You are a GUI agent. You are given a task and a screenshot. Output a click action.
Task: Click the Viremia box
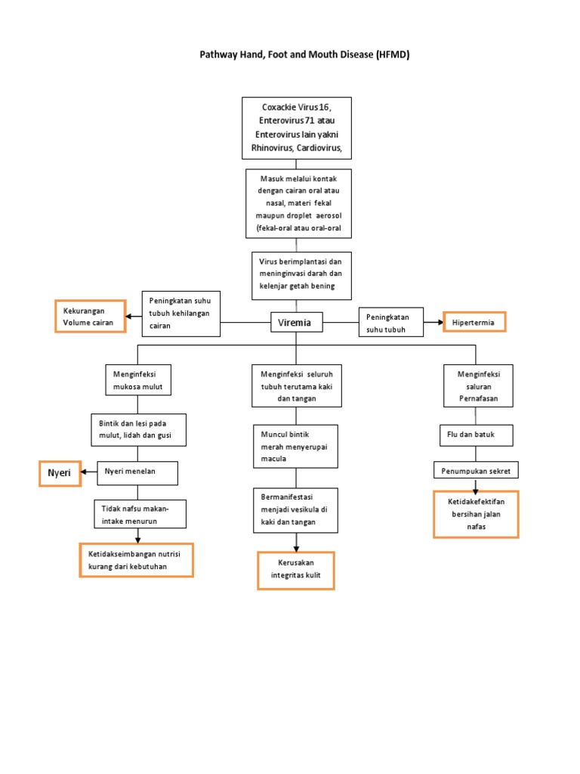(295, 324)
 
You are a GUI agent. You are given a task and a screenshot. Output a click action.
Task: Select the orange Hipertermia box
(474, 322)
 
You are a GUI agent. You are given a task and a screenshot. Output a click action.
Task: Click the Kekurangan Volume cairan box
(88, 317)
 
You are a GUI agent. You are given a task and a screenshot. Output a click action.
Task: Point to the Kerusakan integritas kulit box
(295, 570)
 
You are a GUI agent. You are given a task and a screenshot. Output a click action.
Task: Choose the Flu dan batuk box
(477, 435)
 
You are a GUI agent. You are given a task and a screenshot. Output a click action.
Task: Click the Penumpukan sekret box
(476, 471)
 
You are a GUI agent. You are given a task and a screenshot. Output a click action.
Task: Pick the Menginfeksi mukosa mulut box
(137, 381)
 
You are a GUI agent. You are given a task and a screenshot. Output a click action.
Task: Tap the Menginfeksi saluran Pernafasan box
(476, 386)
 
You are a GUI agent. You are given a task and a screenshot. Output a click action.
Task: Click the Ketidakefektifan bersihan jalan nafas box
(476, 513)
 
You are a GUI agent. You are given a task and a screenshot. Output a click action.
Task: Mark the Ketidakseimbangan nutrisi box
(136, 560)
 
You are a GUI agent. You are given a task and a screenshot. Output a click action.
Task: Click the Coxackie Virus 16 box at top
(296, 128)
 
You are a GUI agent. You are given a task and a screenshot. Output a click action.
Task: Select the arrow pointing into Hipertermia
(433, 323)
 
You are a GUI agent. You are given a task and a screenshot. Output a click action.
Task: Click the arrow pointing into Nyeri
(88, 472)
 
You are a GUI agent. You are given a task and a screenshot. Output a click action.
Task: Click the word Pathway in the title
(218, 54)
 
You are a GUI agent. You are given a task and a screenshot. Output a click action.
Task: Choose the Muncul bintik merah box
(295, 446)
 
